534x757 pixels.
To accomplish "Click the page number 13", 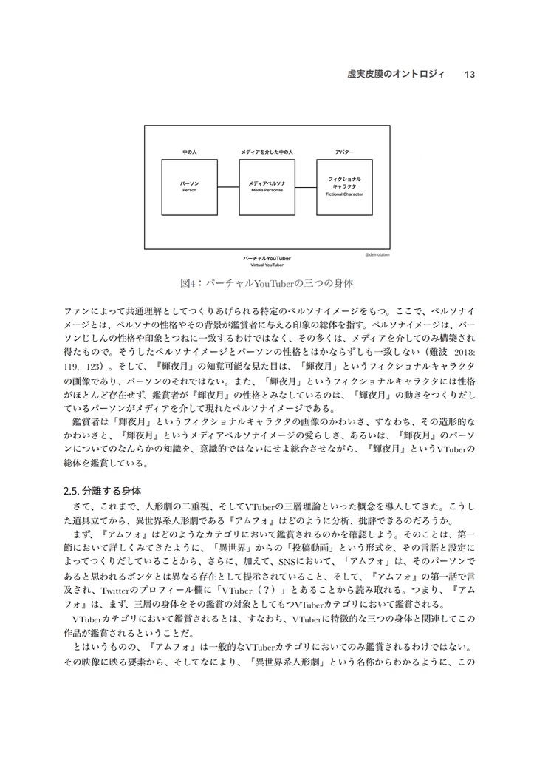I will (x=470, y=74).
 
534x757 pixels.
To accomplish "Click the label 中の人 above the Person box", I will (x=190, y=151).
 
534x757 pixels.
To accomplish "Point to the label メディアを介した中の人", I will (x=267, y=151).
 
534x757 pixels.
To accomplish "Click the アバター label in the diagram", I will (x=344, y=151).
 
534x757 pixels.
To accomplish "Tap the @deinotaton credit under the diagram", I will (x=377, y=254).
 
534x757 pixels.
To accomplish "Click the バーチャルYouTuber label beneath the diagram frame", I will (x=267, y=258).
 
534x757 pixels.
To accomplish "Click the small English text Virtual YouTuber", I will (x=267, y=265).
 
